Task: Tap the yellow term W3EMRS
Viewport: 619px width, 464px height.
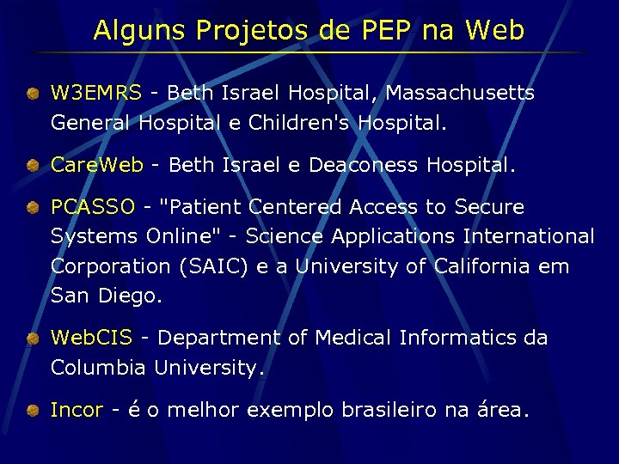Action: (x=95, y=93)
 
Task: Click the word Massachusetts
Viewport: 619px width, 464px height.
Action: (x=461, y=93)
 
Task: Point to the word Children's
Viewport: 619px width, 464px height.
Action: (x=300, y=123)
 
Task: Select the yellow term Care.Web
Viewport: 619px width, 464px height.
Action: (x=96, y=165)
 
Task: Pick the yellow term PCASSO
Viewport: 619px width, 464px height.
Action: (x=93, y=207)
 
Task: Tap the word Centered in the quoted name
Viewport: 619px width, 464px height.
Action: (x=297, y=207)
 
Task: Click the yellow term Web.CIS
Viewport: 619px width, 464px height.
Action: (x=91, y=338)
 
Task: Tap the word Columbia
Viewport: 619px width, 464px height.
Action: (x=99, y=368)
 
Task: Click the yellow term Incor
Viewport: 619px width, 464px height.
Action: (x=77, y=410)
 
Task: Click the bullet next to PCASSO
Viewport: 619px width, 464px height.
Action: (x=31, y=207)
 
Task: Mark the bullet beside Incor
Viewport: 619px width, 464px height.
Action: (x=31, y=410)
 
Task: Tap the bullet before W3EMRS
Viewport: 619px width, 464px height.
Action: (x=31, y=93)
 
